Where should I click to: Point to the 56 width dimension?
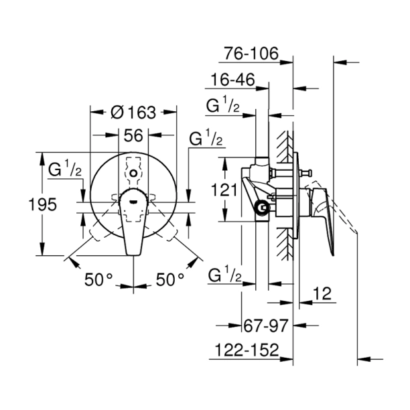pos(133,135)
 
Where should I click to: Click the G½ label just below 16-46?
pos(223,105)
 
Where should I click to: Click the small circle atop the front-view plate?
pos(133,174)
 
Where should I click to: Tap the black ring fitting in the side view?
pos(262,209)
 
